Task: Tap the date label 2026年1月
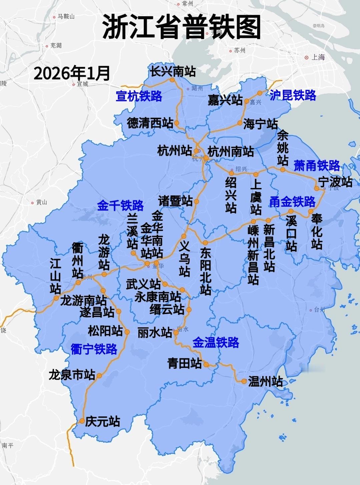coord(72,73)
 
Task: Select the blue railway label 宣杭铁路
coord(139,96)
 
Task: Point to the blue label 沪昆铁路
coord(293,95)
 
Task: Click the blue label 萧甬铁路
coord(316,166)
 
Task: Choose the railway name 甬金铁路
coord(292,202)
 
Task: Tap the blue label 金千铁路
coord(120,205)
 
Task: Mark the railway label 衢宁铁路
coord(94,349)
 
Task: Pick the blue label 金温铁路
coord(216,342)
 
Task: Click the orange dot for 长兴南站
coord(172,80)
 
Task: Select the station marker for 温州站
coord(244,381)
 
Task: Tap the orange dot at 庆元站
coord(82,421)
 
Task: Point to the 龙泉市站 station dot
coord(99,376)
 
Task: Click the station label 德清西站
coord(150,123)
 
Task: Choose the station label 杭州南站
coord(231,151)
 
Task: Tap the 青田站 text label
coord(185,363)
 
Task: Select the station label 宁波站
coord(335,182)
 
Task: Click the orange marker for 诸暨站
coord(196,201)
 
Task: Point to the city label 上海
coord(318,57)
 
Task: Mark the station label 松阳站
coord(105,331)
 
